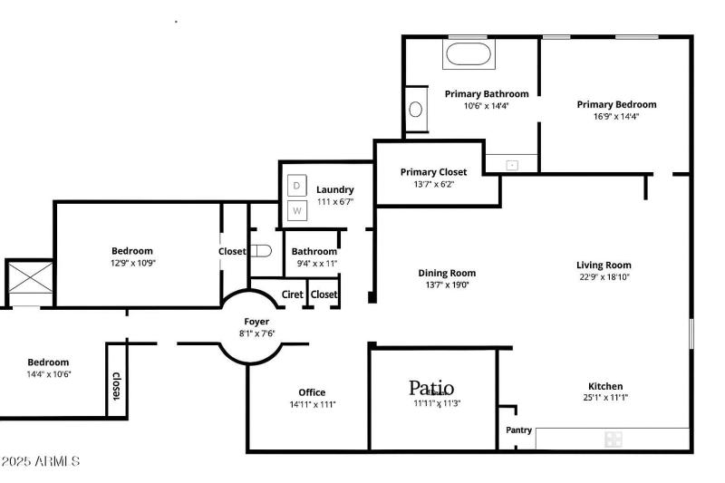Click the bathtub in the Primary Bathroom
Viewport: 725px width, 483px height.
tap(468, 54)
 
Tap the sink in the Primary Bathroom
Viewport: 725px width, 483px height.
tap(416, 110)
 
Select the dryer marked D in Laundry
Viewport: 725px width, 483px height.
tap(296, 186)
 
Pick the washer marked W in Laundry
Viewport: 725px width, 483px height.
tap(296, 211)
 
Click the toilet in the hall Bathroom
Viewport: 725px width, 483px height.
tap(261, 251)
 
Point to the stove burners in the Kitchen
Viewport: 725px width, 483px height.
tap(614, 440)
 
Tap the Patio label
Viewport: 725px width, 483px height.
tap(431, 388)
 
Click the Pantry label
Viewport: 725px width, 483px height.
tap(518, 430)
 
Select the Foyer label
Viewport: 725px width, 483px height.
tap(256, 322)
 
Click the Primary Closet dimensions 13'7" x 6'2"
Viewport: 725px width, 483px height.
tap(433, 184)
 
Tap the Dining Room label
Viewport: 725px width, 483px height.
tap(447, 273)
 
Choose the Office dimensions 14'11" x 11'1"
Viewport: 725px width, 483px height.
tap(312, 404)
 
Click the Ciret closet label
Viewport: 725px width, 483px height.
tap(293, 295)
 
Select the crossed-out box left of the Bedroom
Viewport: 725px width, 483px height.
tap(29, 282)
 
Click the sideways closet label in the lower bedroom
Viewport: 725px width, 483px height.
tap(116, 387)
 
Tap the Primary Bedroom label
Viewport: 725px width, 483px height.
tap(616, 104)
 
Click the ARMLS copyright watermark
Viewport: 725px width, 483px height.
tap(40, 461)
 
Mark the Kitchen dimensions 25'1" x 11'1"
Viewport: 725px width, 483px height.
tap(604, 397)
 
